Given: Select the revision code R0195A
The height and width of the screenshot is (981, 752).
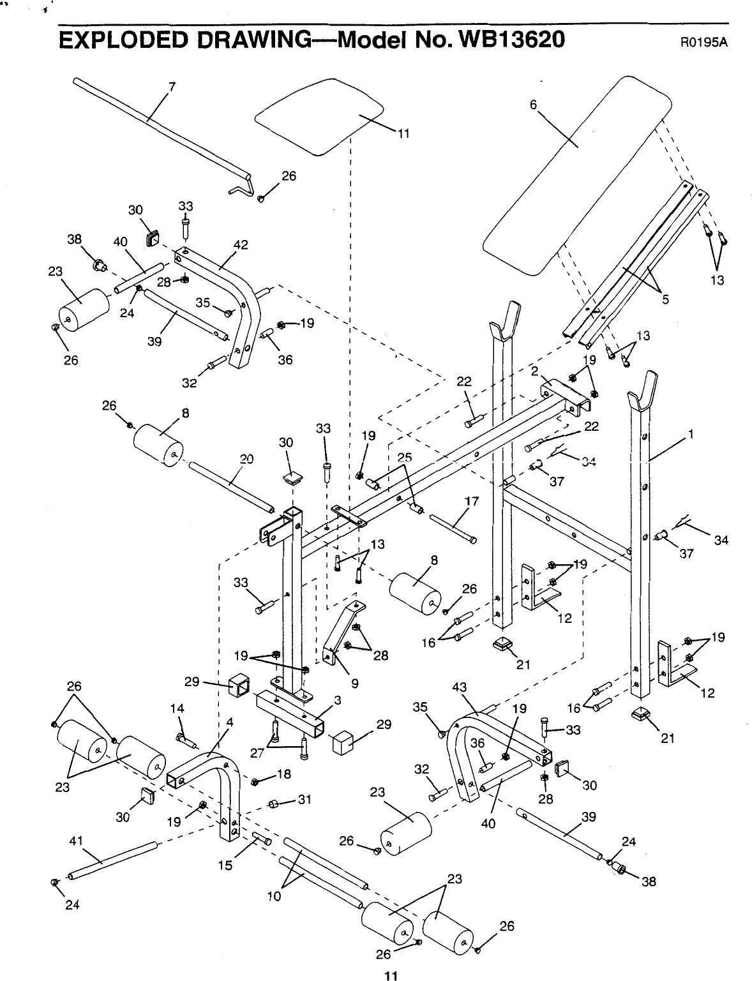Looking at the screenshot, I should [x=704, y=43].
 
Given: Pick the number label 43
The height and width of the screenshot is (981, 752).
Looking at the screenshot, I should [x=460, y=687].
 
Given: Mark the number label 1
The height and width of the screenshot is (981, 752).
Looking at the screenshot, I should [x=691, y=435].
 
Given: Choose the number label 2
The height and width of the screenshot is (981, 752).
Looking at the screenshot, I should [x=534, y=370].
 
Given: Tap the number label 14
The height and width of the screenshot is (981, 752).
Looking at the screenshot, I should [x=177, y=708].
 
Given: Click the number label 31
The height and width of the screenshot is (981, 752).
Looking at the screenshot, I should [x=304, y=799].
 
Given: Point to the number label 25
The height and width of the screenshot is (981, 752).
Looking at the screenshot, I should [x=405, y=457].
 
